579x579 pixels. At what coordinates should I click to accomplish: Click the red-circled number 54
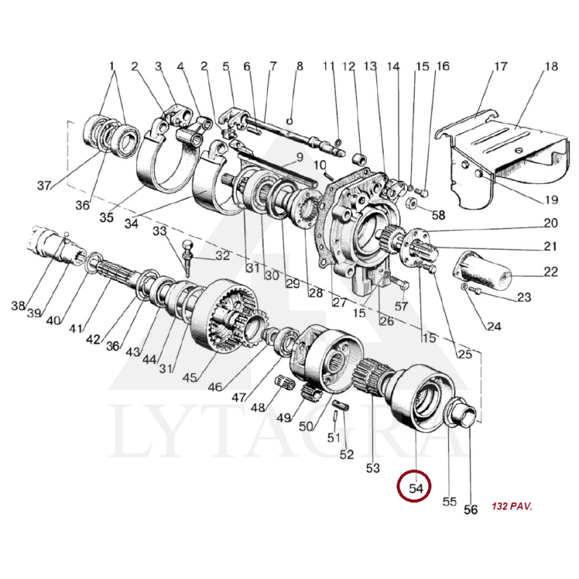[415, 489]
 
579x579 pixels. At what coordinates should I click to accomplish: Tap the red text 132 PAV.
[511, 507]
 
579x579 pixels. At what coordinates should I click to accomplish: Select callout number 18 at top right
[551, 67]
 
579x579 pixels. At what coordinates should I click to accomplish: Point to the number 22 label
[551, 272]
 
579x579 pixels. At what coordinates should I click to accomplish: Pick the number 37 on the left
[45, 185]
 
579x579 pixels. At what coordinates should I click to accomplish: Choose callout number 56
[470, 510]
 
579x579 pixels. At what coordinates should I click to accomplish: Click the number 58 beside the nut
[439, 215]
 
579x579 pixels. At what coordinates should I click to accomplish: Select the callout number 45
[190, 377]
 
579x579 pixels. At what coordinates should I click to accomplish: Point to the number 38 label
[18, 305]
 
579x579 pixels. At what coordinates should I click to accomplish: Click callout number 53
[373, 468]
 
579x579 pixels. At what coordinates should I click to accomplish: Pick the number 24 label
[494, 326]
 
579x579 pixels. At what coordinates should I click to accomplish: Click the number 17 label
[500, 67]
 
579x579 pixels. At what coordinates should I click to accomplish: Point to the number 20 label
[551, 224]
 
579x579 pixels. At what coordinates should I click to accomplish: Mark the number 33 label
[159, 232]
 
